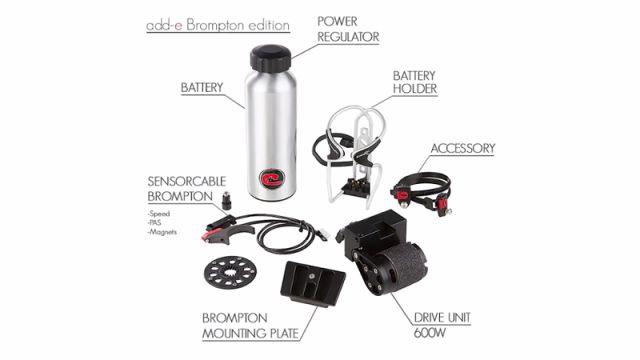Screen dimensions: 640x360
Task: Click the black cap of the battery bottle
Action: pyautogui.click(x=271, y=58)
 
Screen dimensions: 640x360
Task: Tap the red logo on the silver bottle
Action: pyautogui.click(x=272, y=179)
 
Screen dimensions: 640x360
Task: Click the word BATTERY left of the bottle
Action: pyautogui.click(x=202, y=87)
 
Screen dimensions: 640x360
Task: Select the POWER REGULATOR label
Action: pyautogui.click(x=348, y=29)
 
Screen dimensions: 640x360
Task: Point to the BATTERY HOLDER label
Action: pyautogui.click(x=415, y=82)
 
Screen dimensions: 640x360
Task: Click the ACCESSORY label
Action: pyautogui.click(x=463, y=148)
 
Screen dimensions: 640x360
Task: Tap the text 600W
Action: pyautogui.click(x=430, y=333)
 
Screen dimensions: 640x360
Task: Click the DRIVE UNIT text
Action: pyautogui.click(x=442, y=318)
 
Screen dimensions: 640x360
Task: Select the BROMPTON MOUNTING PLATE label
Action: pyautogui.click(x=251, y=326)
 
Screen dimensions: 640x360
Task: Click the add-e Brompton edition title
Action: pyautogui.click(x=218, y=25)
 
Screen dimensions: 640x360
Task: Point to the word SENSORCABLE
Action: pyautogui.click(x=187, y=181)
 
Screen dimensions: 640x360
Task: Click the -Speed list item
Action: pyautogui.click(x=159, y=213)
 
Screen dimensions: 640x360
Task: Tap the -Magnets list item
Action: pyautogui.click(x=162, y=232)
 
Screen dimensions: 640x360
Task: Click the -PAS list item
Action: pyautogui.click(x=155, y=223)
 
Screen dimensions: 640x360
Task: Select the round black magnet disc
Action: pyautogui.click(x=230, y=273)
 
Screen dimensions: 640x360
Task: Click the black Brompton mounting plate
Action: pyautogui.click(x=312, y=283)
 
